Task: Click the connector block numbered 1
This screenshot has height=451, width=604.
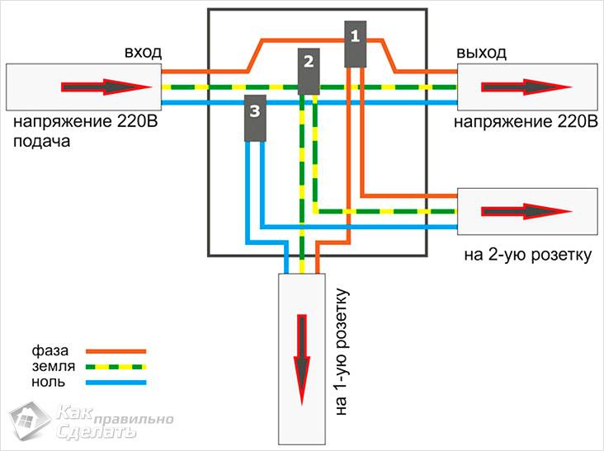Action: (356, 43)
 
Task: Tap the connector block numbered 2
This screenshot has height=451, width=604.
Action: (309, 71)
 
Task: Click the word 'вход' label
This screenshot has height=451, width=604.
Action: (143, 52)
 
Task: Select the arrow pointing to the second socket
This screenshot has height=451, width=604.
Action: (520, 211)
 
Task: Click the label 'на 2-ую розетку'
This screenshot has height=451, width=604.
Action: (528, 255)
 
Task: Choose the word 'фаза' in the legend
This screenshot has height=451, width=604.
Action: (50, 350)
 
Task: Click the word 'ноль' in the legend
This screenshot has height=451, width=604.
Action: (48, 382)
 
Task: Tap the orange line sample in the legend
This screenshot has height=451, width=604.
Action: (115, 350)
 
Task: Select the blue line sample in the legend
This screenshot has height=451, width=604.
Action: (115, 383)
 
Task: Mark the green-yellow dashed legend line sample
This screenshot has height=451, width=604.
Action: (115, 366)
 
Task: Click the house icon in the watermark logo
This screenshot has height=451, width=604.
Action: (30, 420)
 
